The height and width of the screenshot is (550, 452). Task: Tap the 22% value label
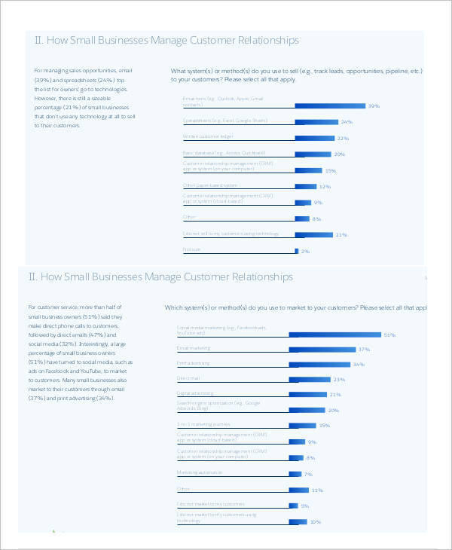pyautogui.click(x=343, y=139)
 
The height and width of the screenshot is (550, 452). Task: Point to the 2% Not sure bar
pyautogui.click(x=297, y=251)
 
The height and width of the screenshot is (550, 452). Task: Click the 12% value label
pyautogui.click(x=325, y=186)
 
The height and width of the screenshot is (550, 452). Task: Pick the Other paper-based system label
pyautogui.click(x=210, y=185)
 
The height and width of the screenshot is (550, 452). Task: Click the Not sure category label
pyautogui.click(x=191, y=249)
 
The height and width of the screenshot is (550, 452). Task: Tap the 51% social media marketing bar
pyautogui.click(x=335, y=334)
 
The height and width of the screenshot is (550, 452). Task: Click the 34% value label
pyautogui.click(x=359, y=365)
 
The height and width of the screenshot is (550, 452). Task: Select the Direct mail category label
pyautogui.click(x=188, y=377)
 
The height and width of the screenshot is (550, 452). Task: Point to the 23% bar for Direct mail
pyautogui.click(x=310, y=380)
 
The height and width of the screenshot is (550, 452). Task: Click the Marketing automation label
pyautogui.click(x=200, y=472)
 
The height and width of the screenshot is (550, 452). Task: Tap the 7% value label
pyautogui.click(x=307, y=475)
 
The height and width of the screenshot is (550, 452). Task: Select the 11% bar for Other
pyautogui.click(x=299, y=490)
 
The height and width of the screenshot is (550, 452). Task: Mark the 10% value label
pyautogui.click(x=316, y=521)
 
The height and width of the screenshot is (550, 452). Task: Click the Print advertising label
pyautogui.click(x=194, y=362)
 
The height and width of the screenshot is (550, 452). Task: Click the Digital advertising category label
pyautogui.click(x=195, y=393)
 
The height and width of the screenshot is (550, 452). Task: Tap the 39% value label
pyautogui.click(x=373, y=106)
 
